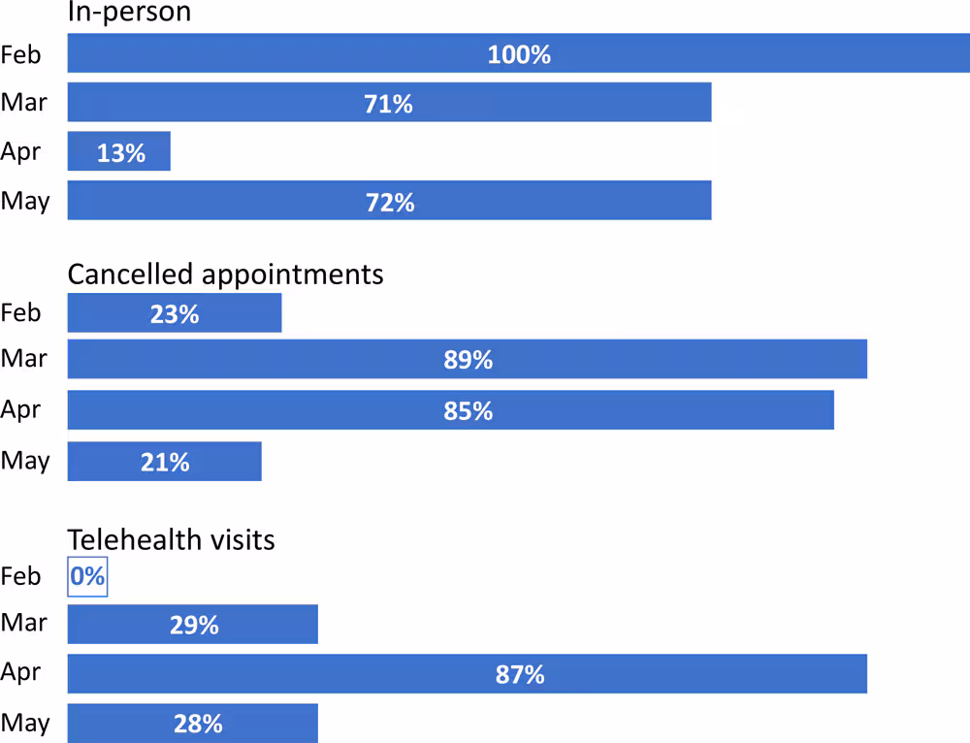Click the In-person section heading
(x=129, y=13)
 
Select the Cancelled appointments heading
(x=225, y=275)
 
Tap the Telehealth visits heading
(x=171, y=539)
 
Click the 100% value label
(x=519, y=54)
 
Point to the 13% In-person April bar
(x=119, y=152)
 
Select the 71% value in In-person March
(x=389, y=104)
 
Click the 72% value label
(x=390, y=202)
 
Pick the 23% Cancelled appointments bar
(x=175, y=313)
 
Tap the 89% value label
(x=469, y=360)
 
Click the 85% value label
(x=469, y=410)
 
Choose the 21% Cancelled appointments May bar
(x=165, y=462)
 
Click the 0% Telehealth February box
(x=87, y=577)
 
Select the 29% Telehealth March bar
(x=193, y=625)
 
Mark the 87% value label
(x=520, y=674)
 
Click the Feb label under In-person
(x=21, y=54)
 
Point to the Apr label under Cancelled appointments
(x=21, y=409)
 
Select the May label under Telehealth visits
(x=24, y=723)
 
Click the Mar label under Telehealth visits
(x=24, y=622)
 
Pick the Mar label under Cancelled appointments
(x=24, y=359)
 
